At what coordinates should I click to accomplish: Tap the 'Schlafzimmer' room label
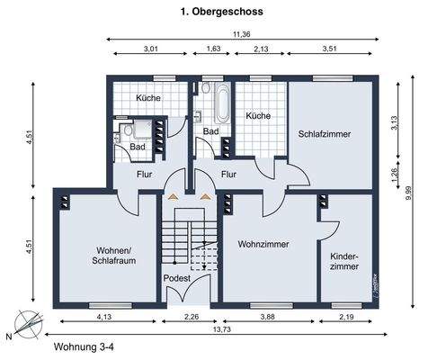pyautogui.click(x=324, y=133)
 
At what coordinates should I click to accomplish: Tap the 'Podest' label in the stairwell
pyautogui.click(x=176, y=279)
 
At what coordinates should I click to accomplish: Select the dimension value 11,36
pyautogui.click(x=241, y=34)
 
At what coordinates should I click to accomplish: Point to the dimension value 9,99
pyautogui.click(x=408, y=190)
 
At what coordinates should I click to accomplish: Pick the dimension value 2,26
pyautogui.click(x=191, y=317)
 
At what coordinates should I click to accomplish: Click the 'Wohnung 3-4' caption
pyautogui.click(x=84, y=346)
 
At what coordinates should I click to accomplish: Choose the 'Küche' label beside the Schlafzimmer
pyautogui.click(x=258, y=115)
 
